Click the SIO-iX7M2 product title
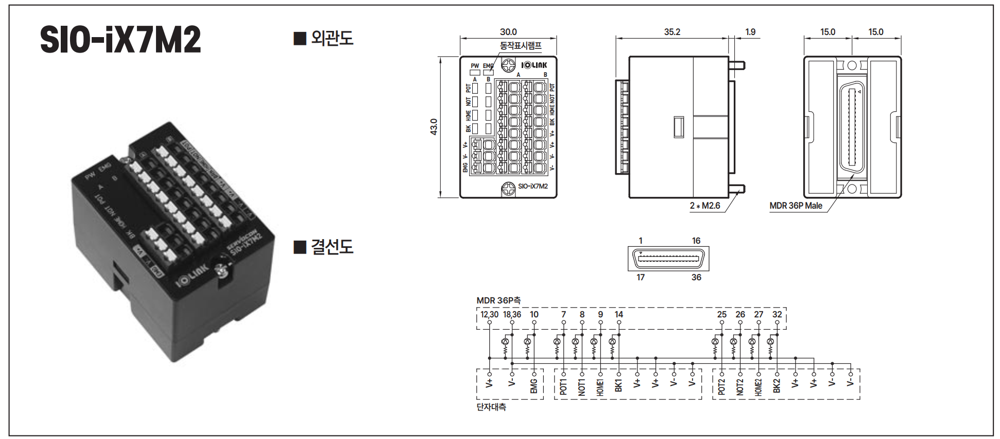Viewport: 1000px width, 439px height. click(x=120, y=40)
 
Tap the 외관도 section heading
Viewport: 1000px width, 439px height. click(x=332, y=38)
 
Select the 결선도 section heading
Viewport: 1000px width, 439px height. click(x=332, y=247)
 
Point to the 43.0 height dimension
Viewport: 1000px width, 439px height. click(x=434, y=127)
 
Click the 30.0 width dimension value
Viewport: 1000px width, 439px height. click(x=508, y=32)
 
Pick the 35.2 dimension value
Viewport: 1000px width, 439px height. click(x=672, y=32)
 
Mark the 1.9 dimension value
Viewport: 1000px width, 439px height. click(x=750, y=32)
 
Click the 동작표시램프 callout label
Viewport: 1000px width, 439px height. click(x=521, y=46)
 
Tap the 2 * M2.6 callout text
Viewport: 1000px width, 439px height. click(x=705, y=206)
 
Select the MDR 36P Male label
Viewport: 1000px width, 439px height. click(x=796, y=206)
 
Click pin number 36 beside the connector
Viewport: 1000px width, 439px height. click(x=696, y=277)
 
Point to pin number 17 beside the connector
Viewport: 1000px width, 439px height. click(x=641, y=277)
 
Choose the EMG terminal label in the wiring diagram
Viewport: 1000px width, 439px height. click(x=534, y=386)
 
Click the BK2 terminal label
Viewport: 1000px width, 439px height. click(x=777, y=386)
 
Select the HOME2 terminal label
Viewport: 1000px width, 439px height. click(x=758, y=386)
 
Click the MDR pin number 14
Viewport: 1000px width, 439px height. click(x=619, y=314)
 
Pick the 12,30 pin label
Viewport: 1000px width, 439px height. click(x=489, y=314)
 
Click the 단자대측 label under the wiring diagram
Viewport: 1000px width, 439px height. click(x=491, y=407)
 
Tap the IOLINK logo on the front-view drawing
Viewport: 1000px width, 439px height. click(x=534, y=65)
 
